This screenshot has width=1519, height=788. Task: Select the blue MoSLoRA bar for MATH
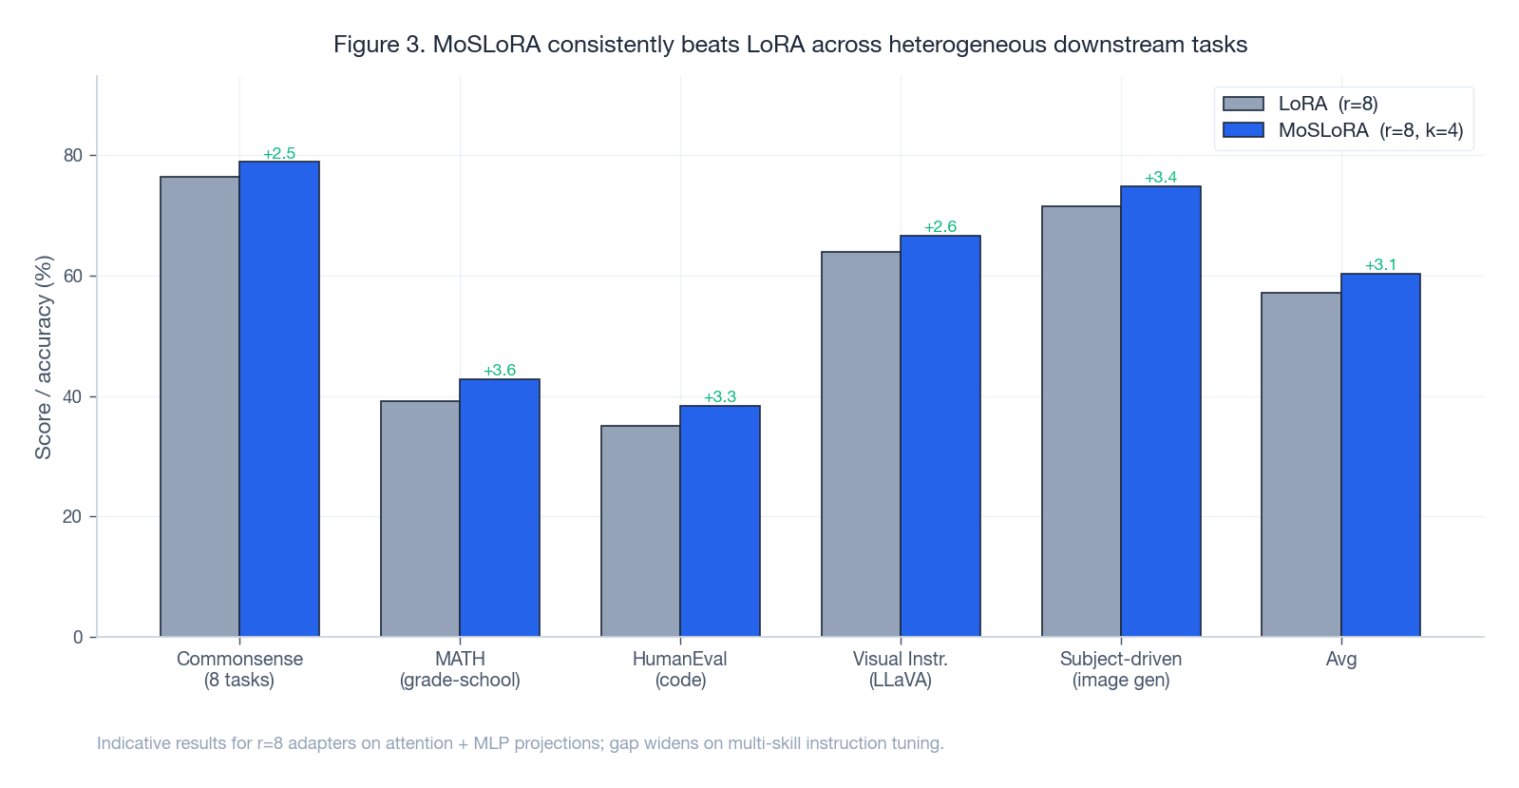pos(500,508)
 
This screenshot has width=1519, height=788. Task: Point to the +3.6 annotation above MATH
pos(500,370)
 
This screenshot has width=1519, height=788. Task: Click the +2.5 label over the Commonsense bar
pos(279,153)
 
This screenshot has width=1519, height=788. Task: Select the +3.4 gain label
pos(1161,177)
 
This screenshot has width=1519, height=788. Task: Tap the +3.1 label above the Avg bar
pos(1380,264)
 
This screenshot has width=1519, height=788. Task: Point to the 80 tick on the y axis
pos(73,155)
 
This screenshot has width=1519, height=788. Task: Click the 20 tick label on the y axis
pos(73,516)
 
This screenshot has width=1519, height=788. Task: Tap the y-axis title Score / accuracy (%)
pos(44,357)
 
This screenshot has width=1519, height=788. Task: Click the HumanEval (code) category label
pos(680,669)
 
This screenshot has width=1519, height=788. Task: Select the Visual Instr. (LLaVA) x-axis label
pos(901,669)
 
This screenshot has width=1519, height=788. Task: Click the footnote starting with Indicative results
pos(520,742)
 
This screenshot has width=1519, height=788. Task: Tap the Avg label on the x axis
pos(1340,659)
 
